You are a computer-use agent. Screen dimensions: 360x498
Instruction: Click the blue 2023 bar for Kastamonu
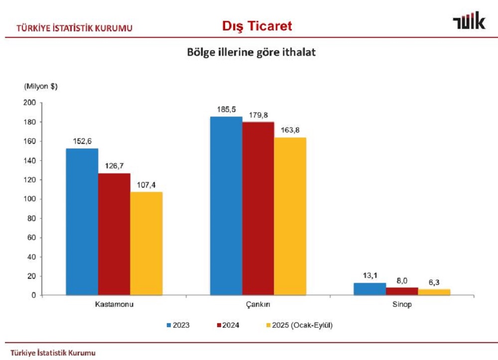[82, 222]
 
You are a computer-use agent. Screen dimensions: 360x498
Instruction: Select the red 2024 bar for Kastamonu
[114, 234]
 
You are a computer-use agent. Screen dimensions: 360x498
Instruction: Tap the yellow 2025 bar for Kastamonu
[146, 243]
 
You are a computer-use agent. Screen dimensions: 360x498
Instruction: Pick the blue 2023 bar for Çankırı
[226, 206]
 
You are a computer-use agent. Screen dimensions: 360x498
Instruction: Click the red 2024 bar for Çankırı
[258, 209]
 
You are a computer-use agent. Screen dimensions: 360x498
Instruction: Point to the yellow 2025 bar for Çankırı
[290, 216]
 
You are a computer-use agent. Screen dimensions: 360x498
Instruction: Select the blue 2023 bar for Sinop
[370, 289]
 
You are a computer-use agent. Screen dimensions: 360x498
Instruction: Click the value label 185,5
[226, 109]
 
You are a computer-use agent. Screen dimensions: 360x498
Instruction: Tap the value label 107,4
[146, 185]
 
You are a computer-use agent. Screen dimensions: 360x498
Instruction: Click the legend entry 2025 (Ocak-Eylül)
[299, 325]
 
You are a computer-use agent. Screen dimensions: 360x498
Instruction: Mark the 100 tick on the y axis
[30, 199]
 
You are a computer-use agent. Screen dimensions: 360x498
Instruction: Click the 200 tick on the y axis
[30, 103]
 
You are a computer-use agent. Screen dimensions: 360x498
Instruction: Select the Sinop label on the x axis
[402, 304]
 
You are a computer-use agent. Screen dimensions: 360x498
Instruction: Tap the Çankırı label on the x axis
[258, 304]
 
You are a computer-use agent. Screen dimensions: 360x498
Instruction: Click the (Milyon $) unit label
[41, 86]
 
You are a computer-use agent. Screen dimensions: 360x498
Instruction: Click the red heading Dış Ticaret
[257, 26]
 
